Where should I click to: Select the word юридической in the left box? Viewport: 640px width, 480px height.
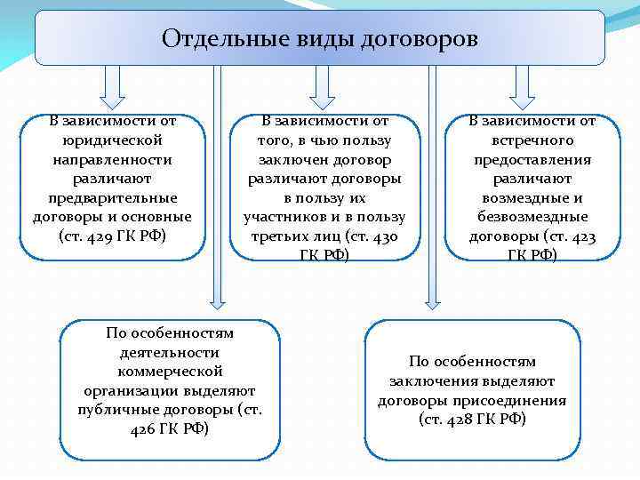click(x=112, y=140)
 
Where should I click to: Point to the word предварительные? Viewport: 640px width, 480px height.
click(x=112, y=197)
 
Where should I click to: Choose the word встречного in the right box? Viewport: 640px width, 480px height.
click(x=532, y=140)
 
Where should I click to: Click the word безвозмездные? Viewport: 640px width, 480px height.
click(x=532, y=217)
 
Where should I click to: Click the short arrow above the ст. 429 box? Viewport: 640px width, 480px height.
click(x=113, y=85)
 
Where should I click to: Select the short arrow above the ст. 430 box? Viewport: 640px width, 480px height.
click(x=320, y=85)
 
